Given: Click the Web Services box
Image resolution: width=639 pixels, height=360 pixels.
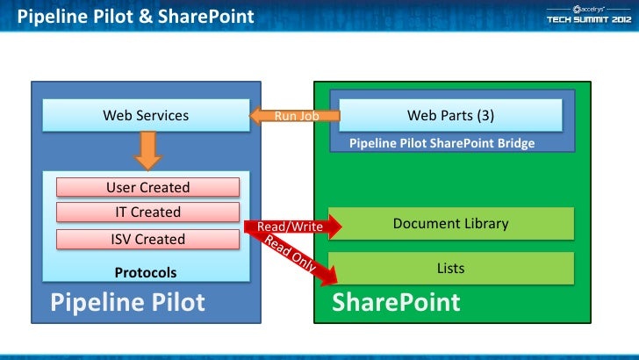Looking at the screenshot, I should pos(146,115).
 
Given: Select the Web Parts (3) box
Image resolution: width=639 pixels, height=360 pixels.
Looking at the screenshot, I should pos(450,115).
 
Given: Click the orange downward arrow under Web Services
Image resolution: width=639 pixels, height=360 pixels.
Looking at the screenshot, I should pos(147,148).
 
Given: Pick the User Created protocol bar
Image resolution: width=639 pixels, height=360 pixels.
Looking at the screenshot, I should pos(147,187).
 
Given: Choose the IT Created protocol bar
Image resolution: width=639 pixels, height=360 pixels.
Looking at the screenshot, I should pos(147,212).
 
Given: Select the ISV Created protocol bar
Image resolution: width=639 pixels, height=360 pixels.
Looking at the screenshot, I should pos(147,239).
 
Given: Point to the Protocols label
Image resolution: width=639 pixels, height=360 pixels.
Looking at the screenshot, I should pos(146,273).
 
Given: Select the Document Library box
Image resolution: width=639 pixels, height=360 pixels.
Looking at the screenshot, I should pos(450,223).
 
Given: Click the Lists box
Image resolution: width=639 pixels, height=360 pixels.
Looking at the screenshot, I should pos(450,268).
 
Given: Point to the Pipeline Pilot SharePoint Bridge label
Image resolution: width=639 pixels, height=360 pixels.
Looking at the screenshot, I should pos(442,143).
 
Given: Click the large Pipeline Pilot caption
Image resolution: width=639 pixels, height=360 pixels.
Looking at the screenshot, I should pos(128,303).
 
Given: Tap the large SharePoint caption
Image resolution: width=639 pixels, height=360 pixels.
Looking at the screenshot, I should pos(396,303).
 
